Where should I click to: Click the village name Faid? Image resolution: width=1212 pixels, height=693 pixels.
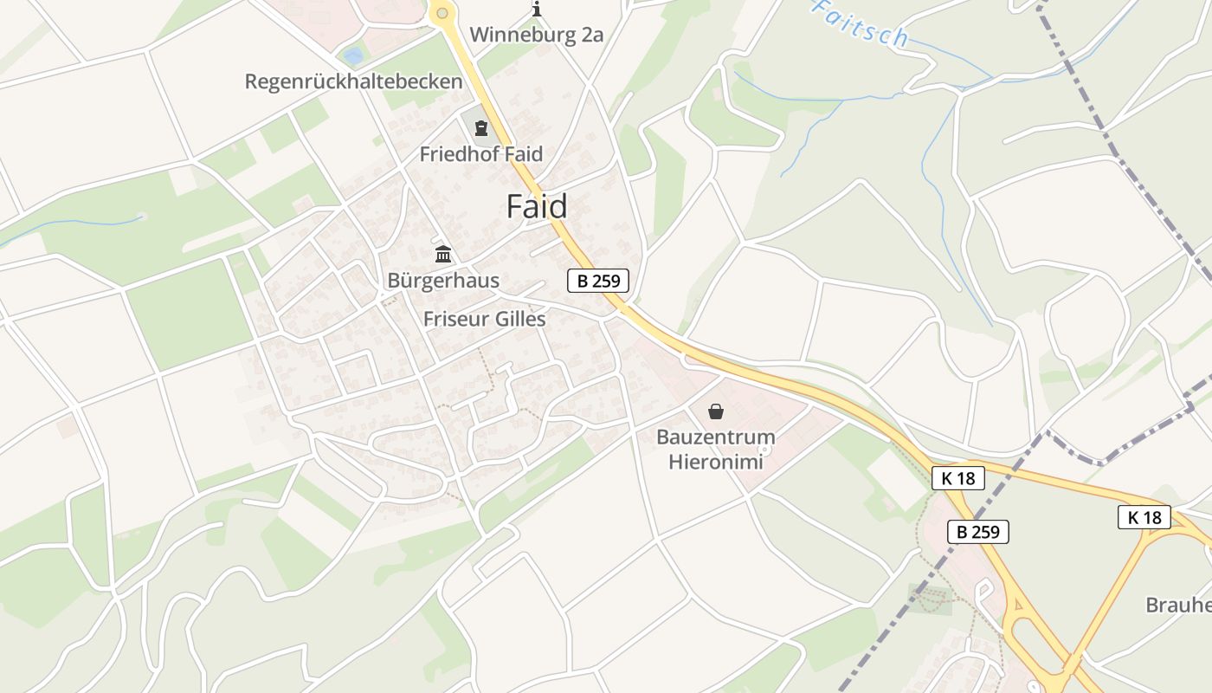[x=537, y=207]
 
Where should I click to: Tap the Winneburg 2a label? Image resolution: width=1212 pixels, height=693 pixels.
[x=536, y=36]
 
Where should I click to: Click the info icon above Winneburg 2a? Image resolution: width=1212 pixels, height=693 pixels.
[x=537, y=10]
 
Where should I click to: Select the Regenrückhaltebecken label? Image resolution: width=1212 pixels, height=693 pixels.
[x=353, y=81]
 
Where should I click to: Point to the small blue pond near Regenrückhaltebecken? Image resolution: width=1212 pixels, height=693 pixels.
[x=353, y=56]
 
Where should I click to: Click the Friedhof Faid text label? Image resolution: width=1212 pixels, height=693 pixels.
[x=481, y=154]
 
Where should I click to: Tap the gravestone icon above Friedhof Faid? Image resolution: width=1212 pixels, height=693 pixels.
[x=481, y=129]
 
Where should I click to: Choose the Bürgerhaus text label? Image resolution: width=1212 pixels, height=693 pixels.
[x=443, y=281]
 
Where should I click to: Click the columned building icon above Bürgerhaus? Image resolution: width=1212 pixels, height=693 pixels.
[x=443, y=255]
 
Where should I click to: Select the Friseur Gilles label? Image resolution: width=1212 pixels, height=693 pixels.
[x=484, y=319]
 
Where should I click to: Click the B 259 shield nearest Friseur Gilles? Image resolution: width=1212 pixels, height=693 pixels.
[x=598, y=281]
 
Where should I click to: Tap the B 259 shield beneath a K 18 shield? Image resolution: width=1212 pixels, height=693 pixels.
[x=978, y=532]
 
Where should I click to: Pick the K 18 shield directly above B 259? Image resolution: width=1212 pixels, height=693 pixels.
[x=958, y=478]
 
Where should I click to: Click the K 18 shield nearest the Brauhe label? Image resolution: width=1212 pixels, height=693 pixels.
[x=1144, y=518]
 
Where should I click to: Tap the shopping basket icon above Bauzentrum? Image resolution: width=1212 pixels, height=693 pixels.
[x=715, y=411]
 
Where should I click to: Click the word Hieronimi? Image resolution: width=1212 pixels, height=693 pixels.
[x=715, y=462]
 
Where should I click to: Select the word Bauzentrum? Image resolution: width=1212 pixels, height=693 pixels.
[x=715, y=437]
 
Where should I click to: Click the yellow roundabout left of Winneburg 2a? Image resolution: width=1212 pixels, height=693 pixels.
[x=442, y=12]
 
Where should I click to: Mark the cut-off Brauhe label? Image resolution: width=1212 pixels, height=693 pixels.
[x=1178, y=605]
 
